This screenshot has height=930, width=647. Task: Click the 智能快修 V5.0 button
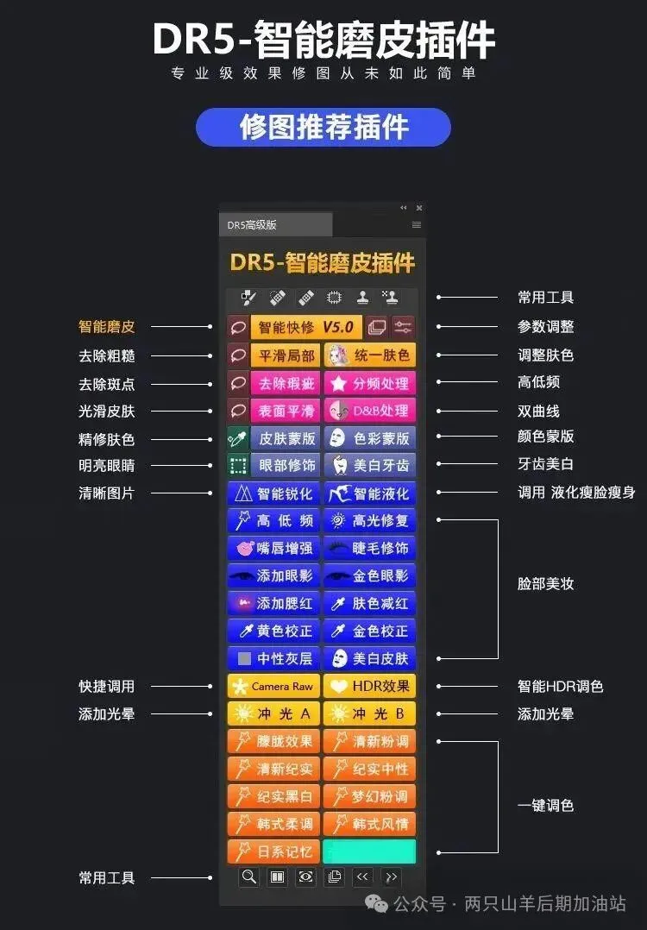click(306, 327)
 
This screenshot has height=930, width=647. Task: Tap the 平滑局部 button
click(286, 355)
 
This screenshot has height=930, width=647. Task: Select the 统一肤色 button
click(370, 355)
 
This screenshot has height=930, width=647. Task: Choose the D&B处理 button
click(370, 410)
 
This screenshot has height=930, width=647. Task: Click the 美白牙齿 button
click(370, 465)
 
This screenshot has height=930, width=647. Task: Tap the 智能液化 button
click(370, 493)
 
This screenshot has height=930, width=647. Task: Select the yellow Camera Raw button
click(273, 687)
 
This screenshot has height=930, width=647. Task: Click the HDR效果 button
click(370, 687)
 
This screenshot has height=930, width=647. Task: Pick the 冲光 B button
click(370, 714)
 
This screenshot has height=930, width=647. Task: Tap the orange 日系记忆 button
click(273, 851)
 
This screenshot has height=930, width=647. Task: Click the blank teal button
click(369, 851)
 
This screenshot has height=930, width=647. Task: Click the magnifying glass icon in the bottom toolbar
click(249, 877)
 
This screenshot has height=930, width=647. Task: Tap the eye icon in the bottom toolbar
click(305, 877)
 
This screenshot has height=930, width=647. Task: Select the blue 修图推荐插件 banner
click(323, 127)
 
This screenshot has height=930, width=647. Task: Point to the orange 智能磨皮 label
click(107, 327)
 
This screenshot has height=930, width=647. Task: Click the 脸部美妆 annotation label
click(545, 584)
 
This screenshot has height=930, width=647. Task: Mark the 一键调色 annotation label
click(545, 806)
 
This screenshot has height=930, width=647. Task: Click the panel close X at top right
click(419, 208)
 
